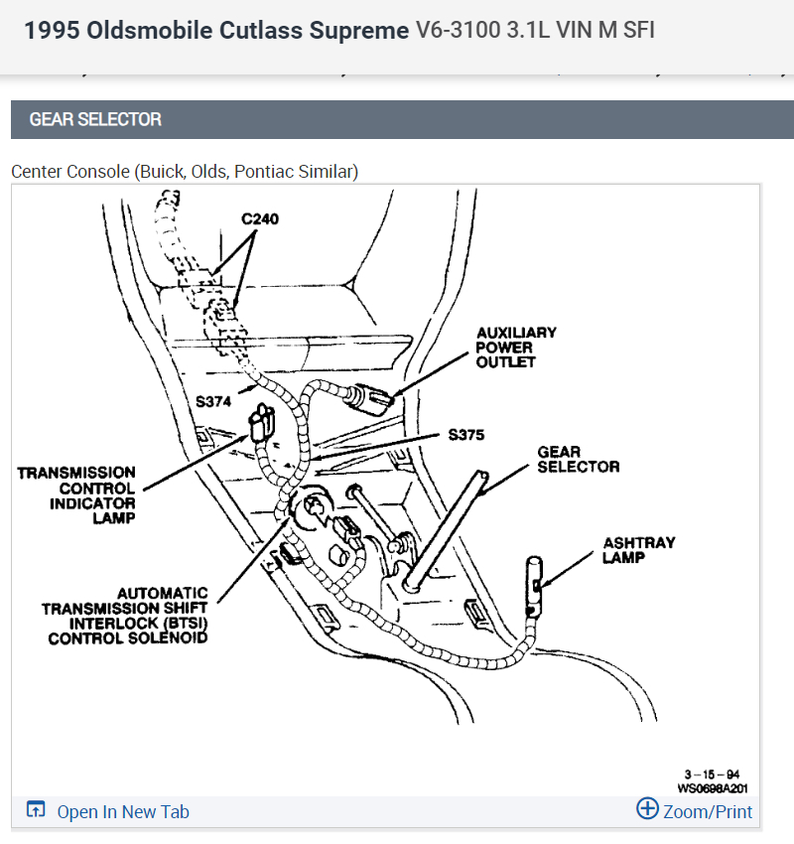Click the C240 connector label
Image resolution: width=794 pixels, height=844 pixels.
(260, 218)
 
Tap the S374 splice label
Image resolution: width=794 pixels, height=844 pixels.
(215, 401)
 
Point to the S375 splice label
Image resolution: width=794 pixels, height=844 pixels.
(468, 435)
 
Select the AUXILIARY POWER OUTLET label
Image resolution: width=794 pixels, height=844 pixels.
(516, 348)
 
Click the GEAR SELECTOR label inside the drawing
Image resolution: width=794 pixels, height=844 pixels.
(578, 459)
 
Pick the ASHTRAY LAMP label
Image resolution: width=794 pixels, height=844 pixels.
(638, 550)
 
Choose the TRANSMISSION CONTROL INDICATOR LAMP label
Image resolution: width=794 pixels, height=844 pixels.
(76, 494)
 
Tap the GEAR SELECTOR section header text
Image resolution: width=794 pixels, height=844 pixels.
(95, 119)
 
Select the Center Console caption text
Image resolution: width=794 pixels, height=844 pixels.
(185, 171)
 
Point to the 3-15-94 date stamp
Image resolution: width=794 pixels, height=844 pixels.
(711, 774)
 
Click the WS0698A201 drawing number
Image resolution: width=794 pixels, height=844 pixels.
(712, 789)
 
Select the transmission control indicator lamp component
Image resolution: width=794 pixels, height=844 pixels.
(262, 424)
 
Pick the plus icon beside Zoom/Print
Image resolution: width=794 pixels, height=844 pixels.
(647, 808)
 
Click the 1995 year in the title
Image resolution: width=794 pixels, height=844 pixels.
(51, 31)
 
